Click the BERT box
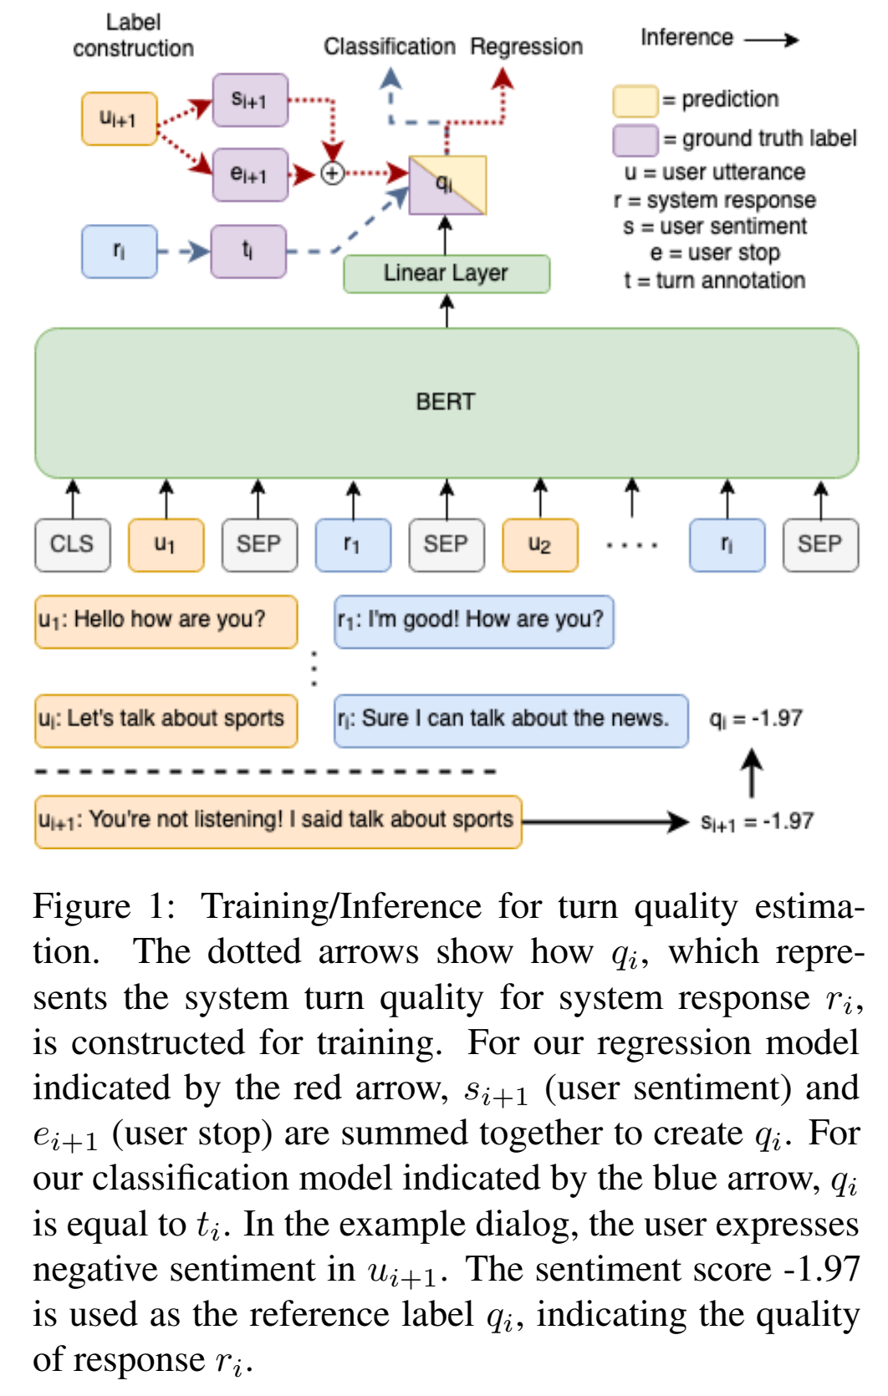click(x=446, y=402)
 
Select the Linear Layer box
click(x=446, y=273)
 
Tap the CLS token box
click(x=72, y=545)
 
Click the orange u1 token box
click(x=166, y=545)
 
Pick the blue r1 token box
click(x=352, y=545)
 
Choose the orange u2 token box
click(x=539, y=545)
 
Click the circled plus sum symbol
click(x=333, y=174)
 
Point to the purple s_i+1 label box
click(x=249, y=100)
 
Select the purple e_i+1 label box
click(x=249, y=175)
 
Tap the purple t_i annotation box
click(x=248, y=251)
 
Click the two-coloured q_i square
click(x=447, y=185)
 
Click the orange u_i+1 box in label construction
click(x=119, y=119)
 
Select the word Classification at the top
click(x=389, y=47)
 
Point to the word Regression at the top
click(x=526, y=47)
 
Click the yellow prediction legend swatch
click(x=635, y=100)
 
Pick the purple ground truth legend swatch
click(x=635, y=140)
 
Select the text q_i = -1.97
click(x=755, y=719)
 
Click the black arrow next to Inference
click(x=771, y=39)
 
